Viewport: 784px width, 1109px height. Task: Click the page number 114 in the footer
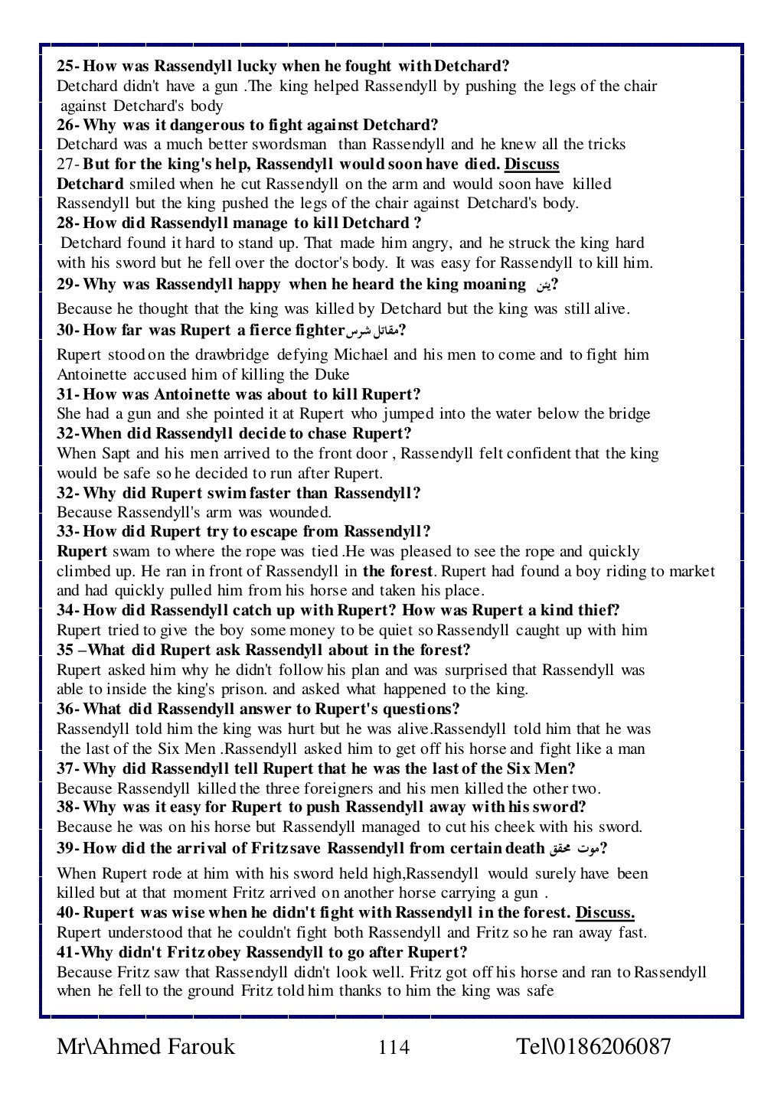[x=394, y=1046]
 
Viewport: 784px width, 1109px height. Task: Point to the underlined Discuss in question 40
[x=605, y=913]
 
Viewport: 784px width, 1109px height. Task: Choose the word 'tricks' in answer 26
[x=606, y=145]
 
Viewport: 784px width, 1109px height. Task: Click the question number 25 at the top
[x=67, y=66]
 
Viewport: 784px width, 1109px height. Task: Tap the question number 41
[x=67, y=953]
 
